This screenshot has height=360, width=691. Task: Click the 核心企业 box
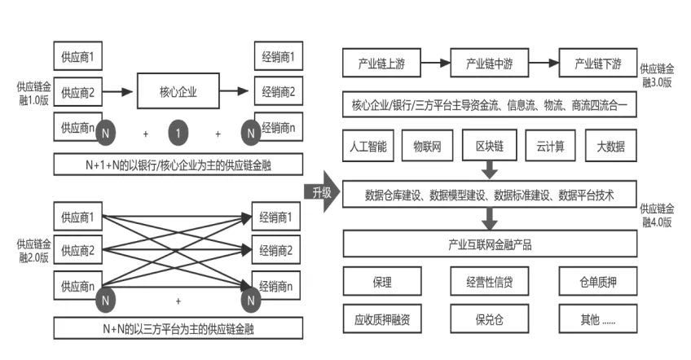pos(178,91)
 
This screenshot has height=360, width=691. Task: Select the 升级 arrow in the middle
pos(322,191)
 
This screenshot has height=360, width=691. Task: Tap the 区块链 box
pos(489,146)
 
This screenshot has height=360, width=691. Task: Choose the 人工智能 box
pos(368,146)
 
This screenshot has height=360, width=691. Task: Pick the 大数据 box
pos(611,146)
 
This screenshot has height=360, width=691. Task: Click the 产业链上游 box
pos(381,63)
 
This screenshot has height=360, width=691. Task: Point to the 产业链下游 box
pos(598,63)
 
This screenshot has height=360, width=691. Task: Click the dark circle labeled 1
pos(178,133)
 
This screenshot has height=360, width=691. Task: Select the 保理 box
pos(382,281)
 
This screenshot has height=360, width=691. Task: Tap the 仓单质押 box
pos(598,281)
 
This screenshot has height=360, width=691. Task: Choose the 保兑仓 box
pos(489,318)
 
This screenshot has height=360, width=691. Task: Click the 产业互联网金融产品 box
pos(490,244)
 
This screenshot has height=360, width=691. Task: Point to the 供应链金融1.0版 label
pos(34,93)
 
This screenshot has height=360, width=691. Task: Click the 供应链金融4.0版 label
pos(657,215)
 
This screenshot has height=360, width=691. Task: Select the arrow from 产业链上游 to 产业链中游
pos(435,63)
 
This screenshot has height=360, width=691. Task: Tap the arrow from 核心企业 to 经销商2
pos(235,91)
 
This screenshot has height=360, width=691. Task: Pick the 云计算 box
pos(550,146)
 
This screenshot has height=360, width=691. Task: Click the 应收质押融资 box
pos(382,318)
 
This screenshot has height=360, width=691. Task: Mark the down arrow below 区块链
pos(489,169)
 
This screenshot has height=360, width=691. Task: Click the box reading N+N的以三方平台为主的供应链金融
pos(178,328)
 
